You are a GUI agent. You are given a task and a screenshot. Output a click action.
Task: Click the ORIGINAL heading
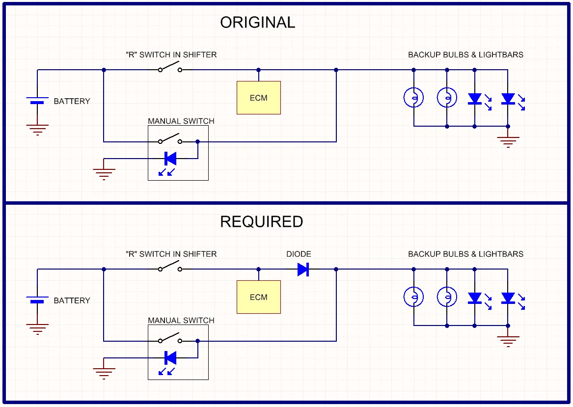257,23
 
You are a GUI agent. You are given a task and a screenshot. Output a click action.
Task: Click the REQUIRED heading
261,222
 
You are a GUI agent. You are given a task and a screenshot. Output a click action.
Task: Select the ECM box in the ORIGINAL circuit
259,98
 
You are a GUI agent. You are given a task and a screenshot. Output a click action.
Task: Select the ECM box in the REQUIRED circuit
259,297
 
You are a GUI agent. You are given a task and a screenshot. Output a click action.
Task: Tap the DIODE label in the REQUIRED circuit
299,254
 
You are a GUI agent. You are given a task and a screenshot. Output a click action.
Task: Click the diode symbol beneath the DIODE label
303,269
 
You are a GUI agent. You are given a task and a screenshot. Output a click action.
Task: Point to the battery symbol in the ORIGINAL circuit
37,100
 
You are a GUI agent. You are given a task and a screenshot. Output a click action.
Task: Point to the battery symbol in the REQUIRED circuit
37,299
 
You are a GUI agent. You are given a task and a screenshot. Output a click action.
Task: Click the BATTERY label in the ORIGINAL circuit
72,102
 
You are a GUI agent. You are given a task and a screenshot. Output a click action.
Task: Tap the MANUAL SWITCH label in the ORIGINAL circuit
181,121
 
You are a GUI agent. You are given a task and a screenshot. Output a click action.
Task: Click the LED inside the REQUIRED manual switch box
170,358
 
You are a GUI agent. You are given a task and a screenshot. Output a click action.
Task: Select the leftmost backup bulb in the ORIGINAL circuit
413,98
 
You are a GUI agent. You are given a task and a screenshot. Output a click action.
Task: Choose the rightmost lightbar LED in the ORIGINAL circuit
508,99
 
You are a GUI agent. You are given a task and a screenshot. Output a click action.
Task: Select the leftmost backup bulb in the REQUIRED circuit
413,297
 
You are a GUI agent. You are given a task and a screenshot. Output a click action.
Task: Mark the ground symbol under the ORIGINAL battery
37,130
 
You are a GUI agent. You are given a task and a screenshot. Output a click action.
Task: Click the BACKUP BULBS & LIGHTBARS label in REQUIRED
465,254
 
